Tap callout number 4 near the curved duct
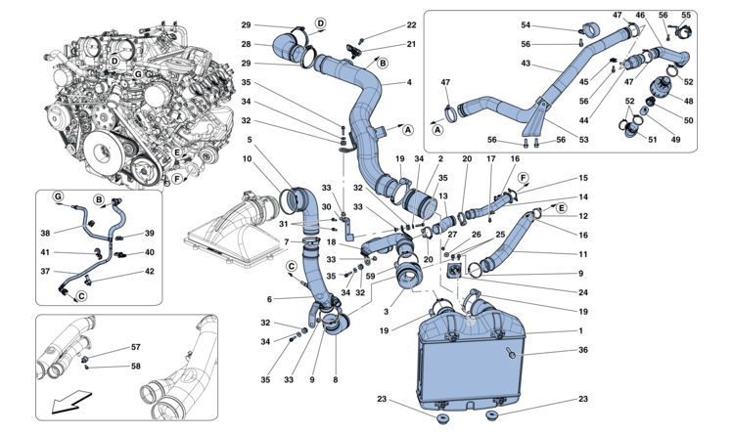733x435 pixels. (409, 82)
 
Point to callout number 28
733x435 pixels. (246, 44)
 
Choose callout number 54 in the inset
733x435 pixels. (552, 24)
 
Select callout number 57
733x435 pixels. (135, 347)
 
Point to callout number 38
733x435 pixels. (45, 234)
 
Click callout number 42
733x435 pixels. (150, 272)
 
